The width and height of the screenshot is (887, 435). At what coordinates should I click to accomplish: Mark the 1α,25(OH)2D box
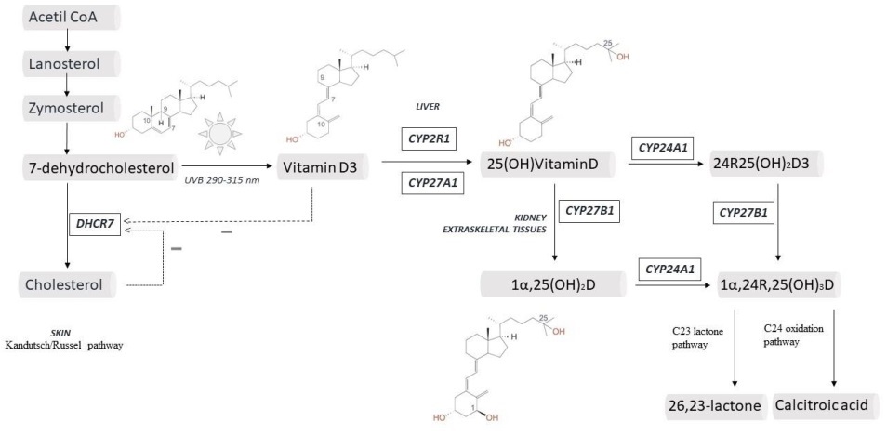click(552, 283)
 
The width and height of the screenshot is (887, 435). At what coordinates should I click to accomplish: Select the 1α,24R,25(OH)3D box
click(778, 283)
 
